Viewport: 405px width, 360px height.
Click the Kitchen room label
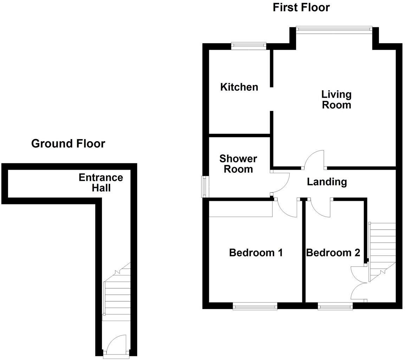point(239,87)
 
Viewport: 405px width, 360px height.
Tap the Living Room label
point(336,100)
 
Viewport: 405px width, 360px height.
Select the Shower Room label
point(238,164)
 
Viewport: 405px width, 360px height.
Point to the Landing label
point(327,182)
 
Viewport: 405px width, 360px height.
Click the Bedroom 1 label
point(256,253)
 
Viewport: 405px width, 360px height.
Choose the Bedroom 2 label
point(333,253)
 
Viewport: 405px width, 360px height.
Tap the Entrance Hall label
point(101,183)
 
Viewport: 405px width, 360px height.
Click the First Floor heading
point(301,7)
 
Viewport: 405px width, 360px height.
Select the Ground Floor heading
point(68,144)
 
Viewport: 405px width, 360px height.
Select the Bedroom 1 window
point(255,307)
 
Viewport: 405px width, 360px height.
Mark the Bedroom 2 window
point(335,307)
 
